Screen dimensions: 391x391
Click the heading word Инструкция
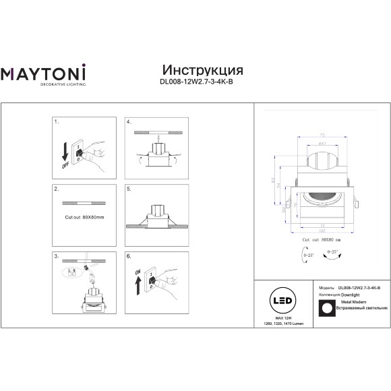(203, 71)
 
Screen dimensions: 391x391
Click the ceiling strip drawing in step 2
(82, 202)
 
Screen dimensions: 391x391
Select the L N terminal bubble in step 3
(69, 273)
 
